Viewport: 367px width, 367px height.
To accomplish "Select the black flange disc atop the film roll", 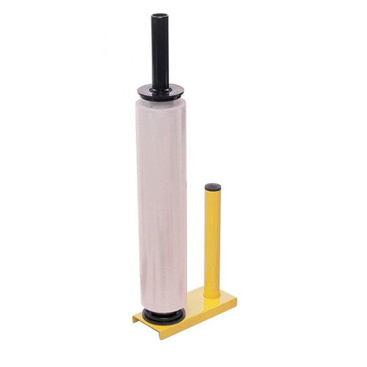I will click(160, 92).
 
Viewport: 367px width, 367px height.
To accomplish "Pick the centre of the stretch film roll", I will click(161, 204).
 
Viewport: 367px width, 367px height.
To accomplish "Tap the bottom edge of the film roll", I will click(162, 308).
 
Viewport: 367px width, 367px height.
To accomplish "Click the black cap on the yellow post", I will click(213, 187).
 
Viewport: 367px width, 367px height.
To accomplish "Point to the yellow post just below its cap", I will click(213, 196).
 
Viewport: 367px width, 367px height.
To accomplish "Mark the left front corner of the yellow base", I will click(135, 319).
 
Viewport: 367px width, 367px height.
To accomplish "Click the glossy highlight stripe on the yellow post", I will click(209, 244).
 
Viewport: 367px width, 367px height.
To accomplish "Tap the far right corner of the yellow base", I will click(235, 299).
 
